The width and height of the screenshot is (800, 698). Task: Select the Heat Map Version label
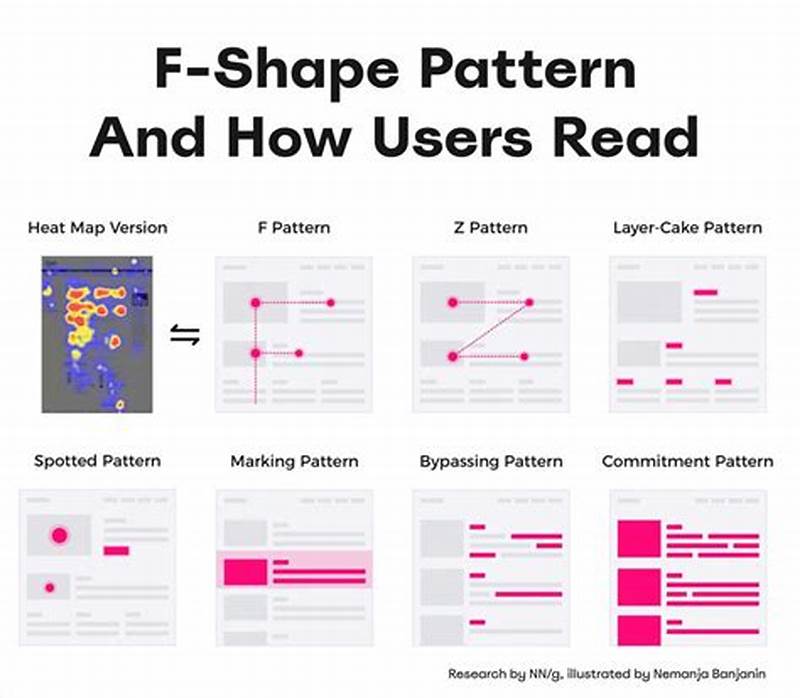[97, 228]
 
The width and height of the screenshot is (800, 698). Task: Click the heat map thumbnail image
[97, 334]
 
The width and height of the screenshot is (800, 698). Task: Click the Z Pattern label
[490, 228]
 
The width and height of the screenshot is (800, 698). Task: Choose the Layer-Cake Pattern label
[687, 228]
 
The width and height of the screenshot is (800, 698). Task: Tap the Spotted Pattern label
[97, 462]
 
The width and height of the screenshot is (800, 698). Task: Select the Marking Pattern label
[294, 462]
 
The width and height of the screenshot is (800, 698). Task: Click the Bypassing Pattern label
[491, 462]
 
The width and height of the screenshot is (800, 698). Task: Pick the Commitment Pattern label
[687, 462]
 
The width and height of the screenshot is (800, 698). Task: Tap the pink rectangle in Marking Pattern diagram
[245, 572]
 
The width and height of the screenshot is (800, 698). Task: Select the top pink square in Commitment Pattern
[639, 539]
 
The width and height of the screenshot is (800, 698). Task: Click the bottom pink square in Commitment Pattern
[639, 630]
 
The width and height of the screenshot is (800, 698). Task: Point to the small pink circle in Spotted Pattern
[47, 586]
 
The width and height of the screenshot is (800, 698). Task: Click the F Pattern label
[294, 228]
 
